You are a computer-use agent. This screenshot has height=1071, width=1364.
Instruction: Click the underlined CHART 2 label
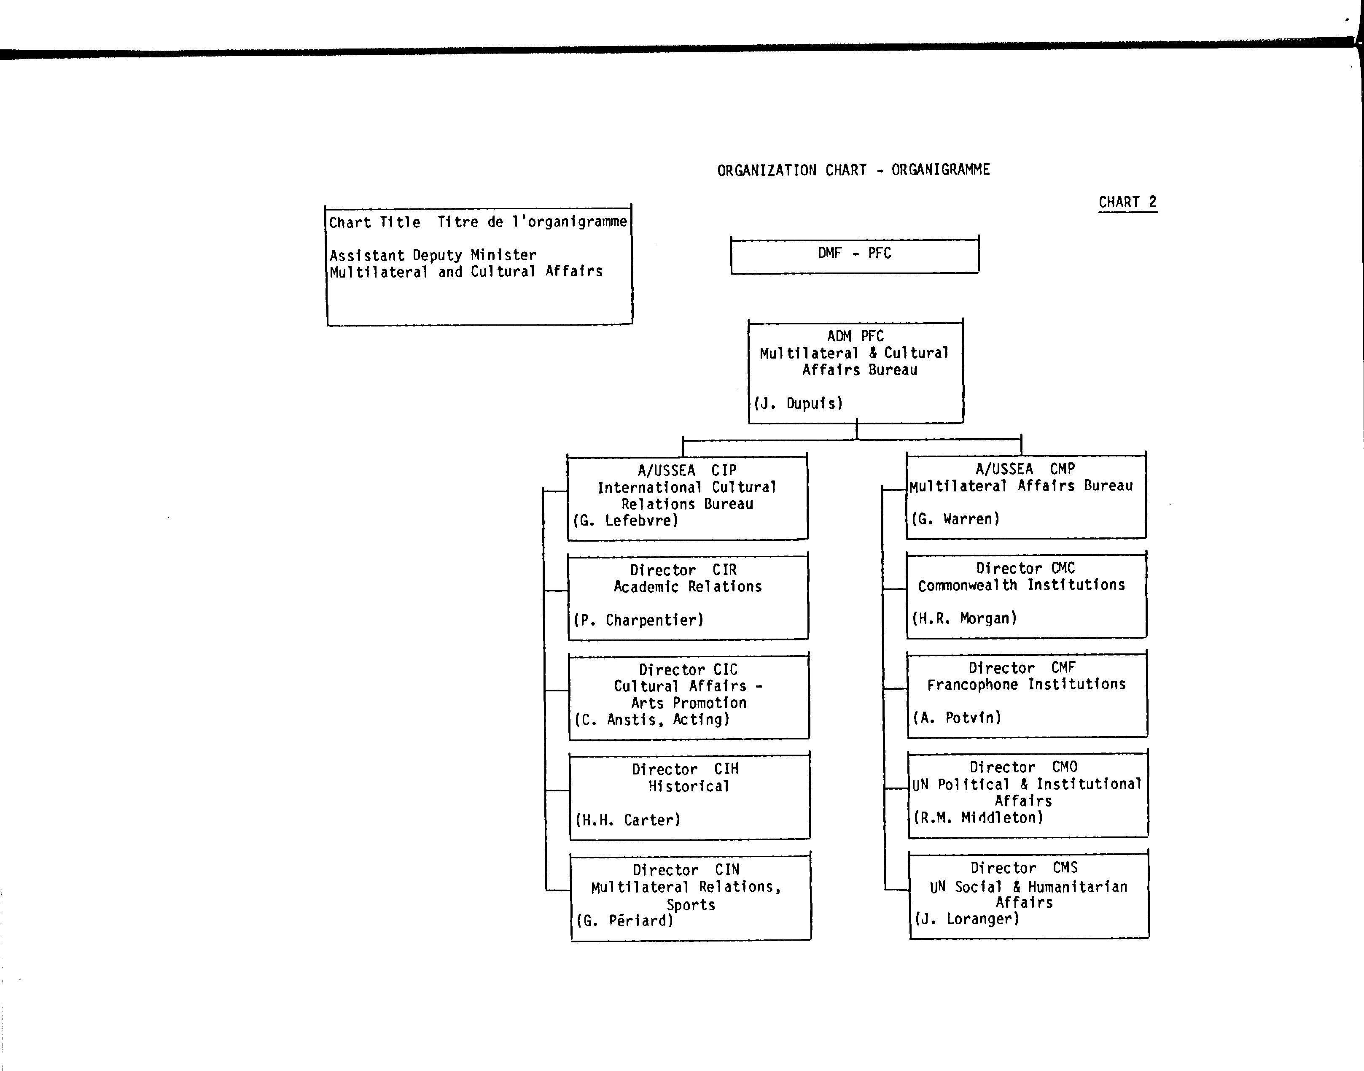(x=1128, y=202)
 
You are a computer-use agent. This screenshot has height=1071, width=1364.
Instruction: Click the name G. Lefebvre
(x=626, y=521)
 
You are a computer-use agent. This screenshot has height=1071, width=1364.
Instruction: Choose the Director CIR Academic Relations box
(x=688, y=596)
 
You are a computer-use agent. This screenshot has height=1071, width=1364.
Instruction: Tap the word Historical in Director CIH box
(x=689, y=786)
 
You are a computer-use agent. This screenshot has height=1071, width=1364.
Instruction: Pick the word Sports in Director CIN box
(x=691, y=905)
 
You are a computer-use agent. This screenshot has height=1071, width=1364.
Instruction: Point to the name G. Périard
(x=625, y=920)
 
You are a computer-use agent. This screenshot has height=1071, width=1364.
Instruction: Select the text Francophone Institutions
(x=1027, y=684)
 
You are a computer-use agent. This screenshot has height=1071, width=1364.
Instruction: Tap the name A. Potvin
(x=957, y=718)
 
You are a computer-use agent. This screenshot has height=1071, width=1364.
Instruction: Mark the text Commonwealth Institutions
(x=1022, y=585)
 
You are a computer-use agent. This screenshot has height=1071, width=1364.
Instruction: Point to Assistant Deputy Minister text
(x=433, y=255)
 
